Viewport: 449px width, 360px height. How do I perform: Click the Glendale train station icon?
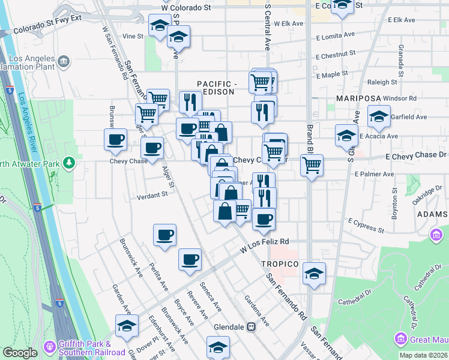coord(252,327)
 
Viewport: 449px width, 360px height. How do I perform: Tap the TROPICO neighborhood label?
coord(280,264)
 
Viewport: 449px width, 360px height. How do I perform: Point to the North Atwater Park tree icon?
coord(70,162)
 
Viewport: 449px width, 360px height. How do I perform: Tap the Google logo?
coord(20,353)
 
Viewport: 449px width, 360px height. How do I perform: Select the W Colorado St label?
coord(187,8)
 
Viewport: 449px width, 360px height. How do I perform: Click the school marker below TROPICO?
coord(315,273)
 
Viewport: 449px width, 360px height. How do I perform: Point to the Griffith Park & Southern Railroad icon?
coord(49,346)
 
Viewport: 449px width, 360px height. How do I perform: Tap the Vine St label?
coord(133,36)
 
